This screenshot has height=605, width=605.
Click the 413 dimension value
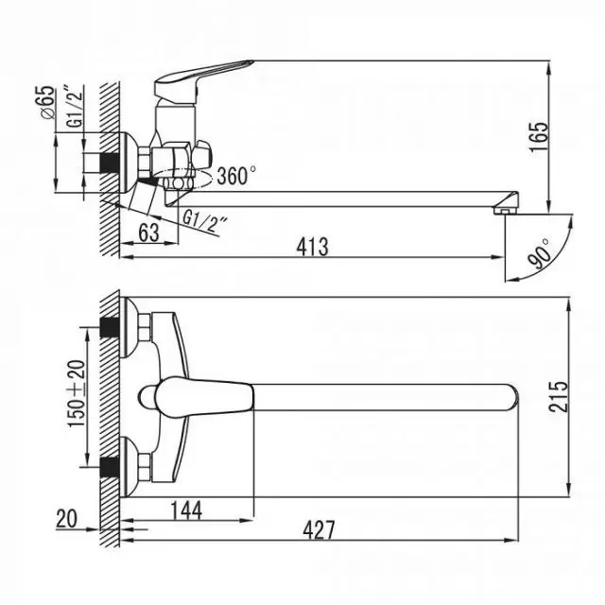tap(313, 247)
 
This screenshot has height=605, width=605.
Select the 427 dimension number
tap(319, 530)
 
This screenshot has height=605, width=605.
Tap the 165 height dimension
tap(539, 137)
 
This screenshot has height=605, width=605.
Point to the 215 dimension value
tap(559, 397)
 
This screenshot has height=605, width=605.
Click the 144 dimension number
tap(186, 510)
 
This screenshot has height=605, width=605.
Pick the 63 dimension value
tap(149, 233)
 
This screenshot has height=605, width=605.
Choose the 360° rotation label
tap(236, 175)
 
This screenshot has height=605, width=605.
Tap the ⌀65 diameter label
tap(47, 102)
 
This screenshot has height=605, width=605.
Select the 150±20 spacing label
tap(77, 393)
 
